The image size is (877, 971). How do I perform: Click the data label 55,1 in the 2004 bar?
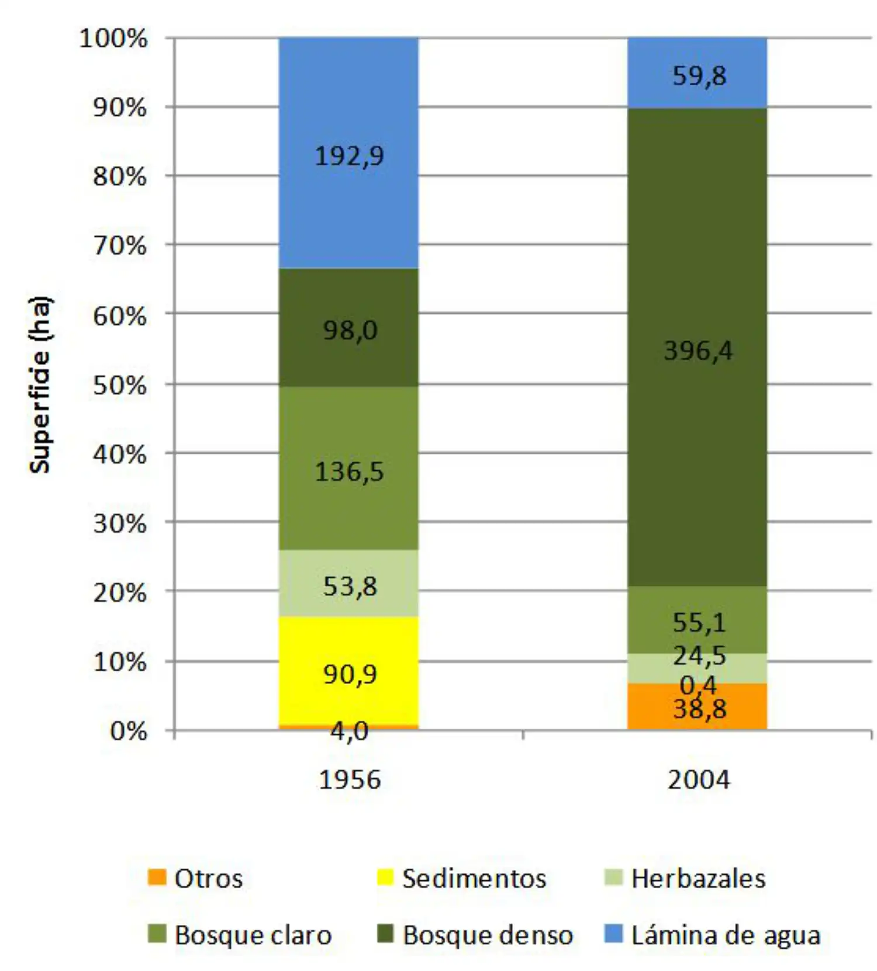(699, 623)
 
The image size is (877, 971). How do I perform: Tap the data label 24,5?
(699, 656)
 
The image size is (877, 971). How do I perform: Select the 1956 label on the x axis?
(350, 780)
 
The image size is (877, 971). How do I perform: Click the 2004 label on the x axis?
(699, 780)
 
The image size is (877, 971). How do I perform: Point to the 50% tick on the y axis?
(120, 385)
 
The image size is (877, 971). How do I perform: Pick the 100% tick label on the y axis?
(113, 39)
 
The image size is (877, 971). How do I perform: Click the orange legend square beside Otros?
(157, 877)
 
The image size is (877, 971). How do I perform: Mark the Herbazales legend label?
(698, 879)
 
